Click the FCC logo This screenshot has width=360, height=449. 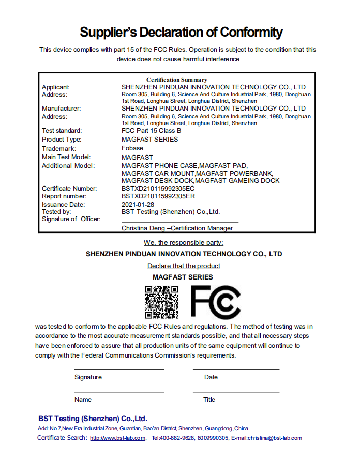(x=215, y=302)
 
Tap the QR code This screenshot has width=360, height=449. (x=161, y=302)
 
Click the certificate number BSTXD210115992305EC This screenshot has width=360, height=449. (x=158, y=189)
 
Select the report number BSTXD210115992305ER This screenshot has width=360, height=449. (x=158, y=196)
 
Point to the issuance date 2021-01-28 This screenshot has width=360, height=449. (x=138, y=204)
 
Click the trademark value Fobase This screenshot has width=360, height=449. (x=132, y=148)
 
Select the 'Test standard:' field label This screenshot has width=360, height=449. (x=62, y=131)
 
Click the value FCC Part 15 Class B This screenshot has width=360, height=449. (x=151, y=131)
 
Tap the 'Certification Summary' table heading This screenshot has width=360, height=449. (x=177, y=80)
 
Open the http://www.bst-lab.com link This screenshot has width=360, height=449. (x=117, y=438)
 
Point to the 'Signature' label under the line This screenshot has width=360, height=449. (x=88, y=377)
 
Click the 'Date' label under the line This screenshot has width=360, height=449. (x=211, y=377)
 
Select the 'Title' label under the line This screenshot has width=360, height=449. (x=209, y=400)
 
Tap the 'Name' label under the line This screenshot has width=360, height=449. (x=83, y=400)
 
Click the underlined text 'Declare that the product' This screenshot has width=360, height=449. (x=184, y=266)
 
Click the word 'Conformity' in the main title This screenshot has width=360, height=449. (x=251, y=33)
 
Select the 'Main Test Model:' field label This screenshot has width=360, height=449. (x=66, y=157)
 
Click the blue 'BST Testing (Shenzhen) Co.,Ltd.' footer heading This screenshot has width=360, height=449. (x=93, y=419)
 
